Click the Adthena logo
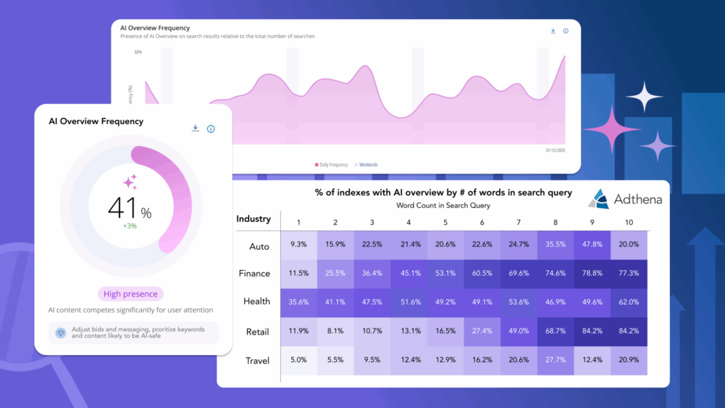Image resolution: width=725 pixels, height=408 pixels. click(x=625, y=199)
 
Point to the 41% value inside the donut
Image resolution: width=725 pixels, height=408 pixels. click(x=130, y=208)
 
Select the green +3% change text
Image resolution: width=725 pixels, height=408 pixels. click(x=130, y=226)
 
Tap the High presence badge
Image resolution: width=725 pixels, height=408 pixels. click(x=130, y=294)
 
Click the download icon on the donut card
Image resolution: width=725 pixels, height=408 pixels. click(x=196, y=128)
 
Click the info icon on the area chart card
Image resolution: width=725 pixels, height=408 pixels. click(x=565, y=31)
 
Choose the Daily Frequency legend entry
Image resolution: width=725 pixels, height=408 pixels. click(x=331, y=165)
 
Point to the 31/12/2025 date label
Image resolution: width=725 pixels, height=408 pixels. click(x=555, y=150)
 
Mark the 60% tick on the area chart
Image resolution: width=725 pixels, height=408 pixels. click(x=138, y=52)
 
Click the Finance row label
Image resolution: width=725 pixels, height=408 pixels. click(x=255, y=274)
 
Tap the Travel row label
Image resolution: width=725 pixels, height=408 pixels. click(x=257, y=361)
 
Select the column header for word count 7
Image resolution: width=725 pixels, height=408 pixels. click(x=519, y=223)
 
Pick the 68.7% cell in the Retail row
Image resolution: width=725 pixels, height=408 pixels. click(x=555, y=331)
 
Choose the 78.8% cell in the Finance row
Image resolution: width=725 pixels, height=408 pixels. click(x=592, y=274)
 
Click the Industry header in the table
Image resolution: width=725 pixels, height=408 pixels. click(x=253, y=219)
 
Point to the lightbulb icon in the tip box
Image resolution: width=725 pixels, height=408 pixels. click(x=60, y=333)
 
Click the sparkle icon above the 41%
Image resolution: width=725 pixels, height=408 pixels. click(x=130, y=182)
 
